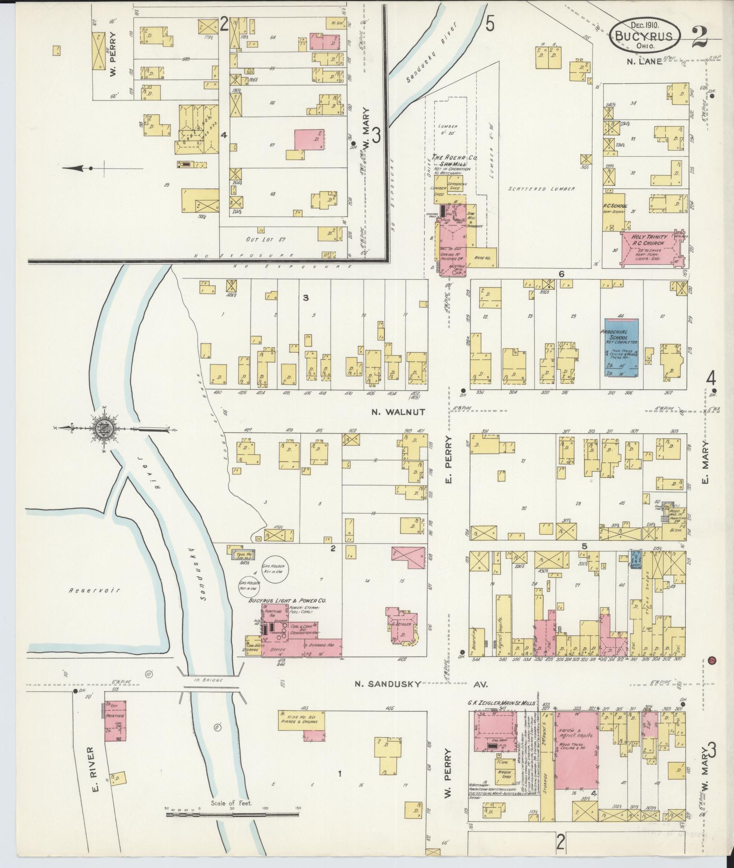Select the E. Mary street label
point(706,462)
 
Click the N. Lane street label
point(647,62)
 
